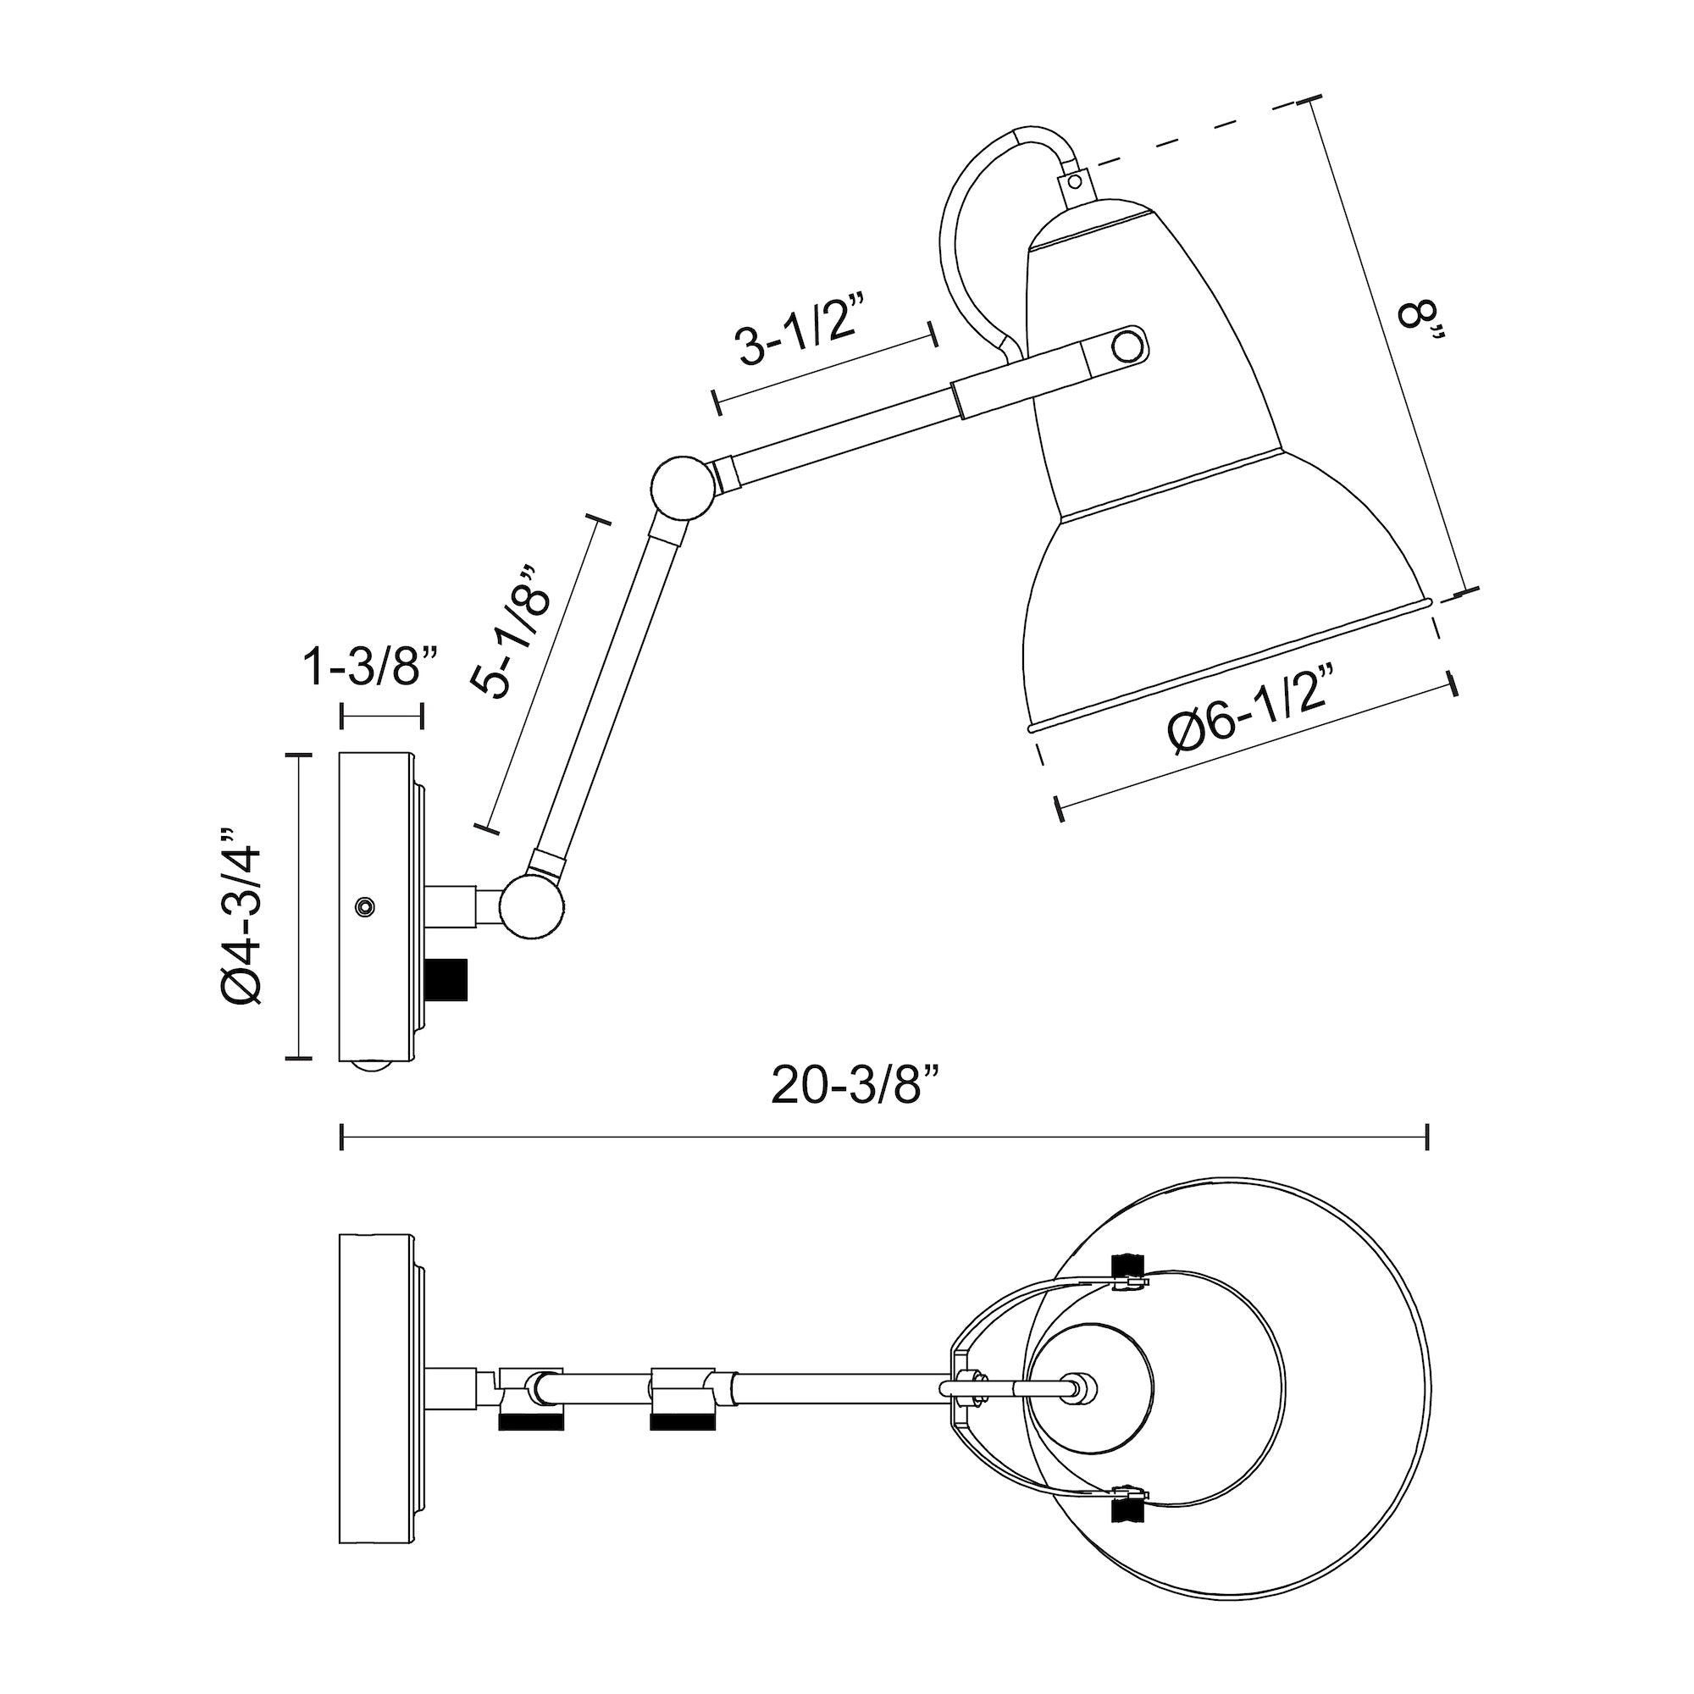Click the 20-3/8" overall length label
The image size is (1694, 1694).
click(x=855, y=1087)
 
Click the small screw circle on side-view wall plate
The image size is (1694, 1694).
click(x=364, y=905)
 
